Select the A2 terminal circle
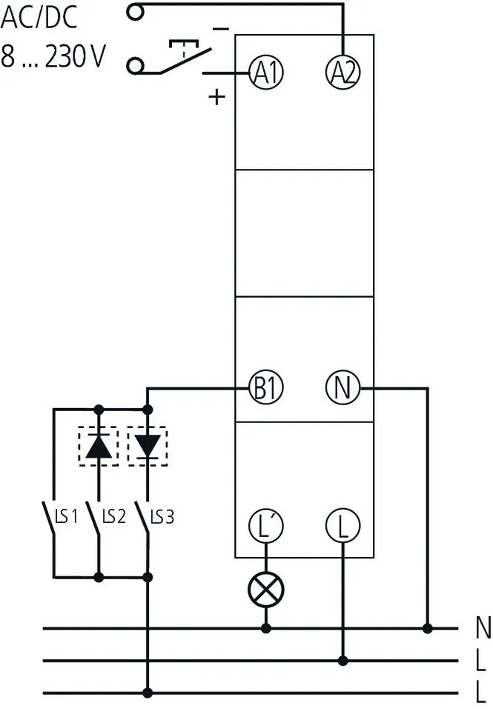tap(343, 72)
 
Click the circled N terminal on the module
tap(343, 387)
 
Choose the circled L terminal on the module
tap(343, 525)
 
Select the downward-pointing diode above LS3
tap(148, 446)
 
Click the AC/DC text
tap(39, 19)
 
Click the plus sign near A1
tap(216, 97)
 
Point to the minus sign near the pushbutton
tap(221, 29)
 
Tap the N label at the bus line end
tap(483, 630)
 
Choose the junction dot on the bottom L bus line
tap(148, 692)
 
